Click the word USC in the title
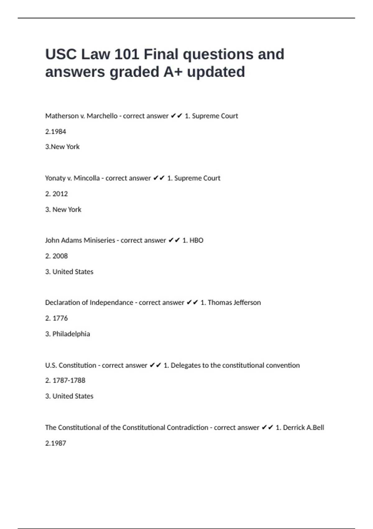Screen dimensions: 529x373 coord(61,54)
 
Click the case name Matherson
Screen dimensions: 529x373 coord(62,116)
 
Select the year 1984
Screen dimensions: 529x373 coord(59,132)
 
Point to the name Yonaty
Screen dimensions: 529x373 coord(55,178)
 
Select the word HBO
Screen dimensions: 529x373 coord(196,240)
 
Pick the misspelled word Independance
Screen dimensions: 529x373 coord(111,302)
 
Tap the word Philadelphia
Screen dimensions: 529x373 coord(71,334)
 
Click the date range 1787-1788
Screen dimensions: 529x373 coord(69,380)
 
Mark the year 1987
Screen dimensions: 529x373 coord(59,443)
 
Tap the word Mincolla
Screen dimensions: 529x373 coord(87,178)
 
